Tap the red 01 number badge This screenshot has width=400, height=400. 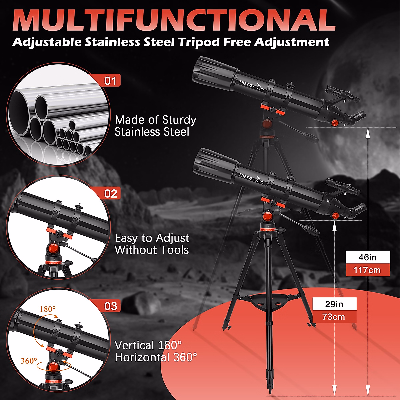click(110, 81)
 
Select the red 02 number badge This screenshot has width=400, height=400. click(111, 193)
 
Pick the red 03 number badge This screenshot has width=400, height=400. click(111, 306)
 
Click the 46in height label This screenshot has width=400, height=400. click(367, 257)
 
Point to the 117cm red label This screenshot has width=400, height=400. click(367, 270)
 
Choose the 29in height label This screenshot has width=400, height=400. click(334, 304)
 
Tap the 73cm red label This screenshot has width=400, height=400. click(334, 317)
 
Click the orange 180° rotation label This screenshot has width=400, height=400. click(48, 309)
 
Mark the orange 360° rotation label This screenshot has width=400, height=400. click(29, 361)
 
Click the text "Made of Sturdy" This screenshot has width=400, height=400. click(155, 120)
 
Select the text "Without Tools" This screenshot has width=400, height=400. click(152, 250)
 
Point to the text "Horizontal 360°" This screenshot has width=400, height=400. click(156, 357)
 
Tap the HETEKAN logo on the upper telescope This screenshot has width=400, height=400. click(251, 85)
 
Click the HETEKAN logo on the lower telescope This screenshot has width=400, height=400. click(251, 178)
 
